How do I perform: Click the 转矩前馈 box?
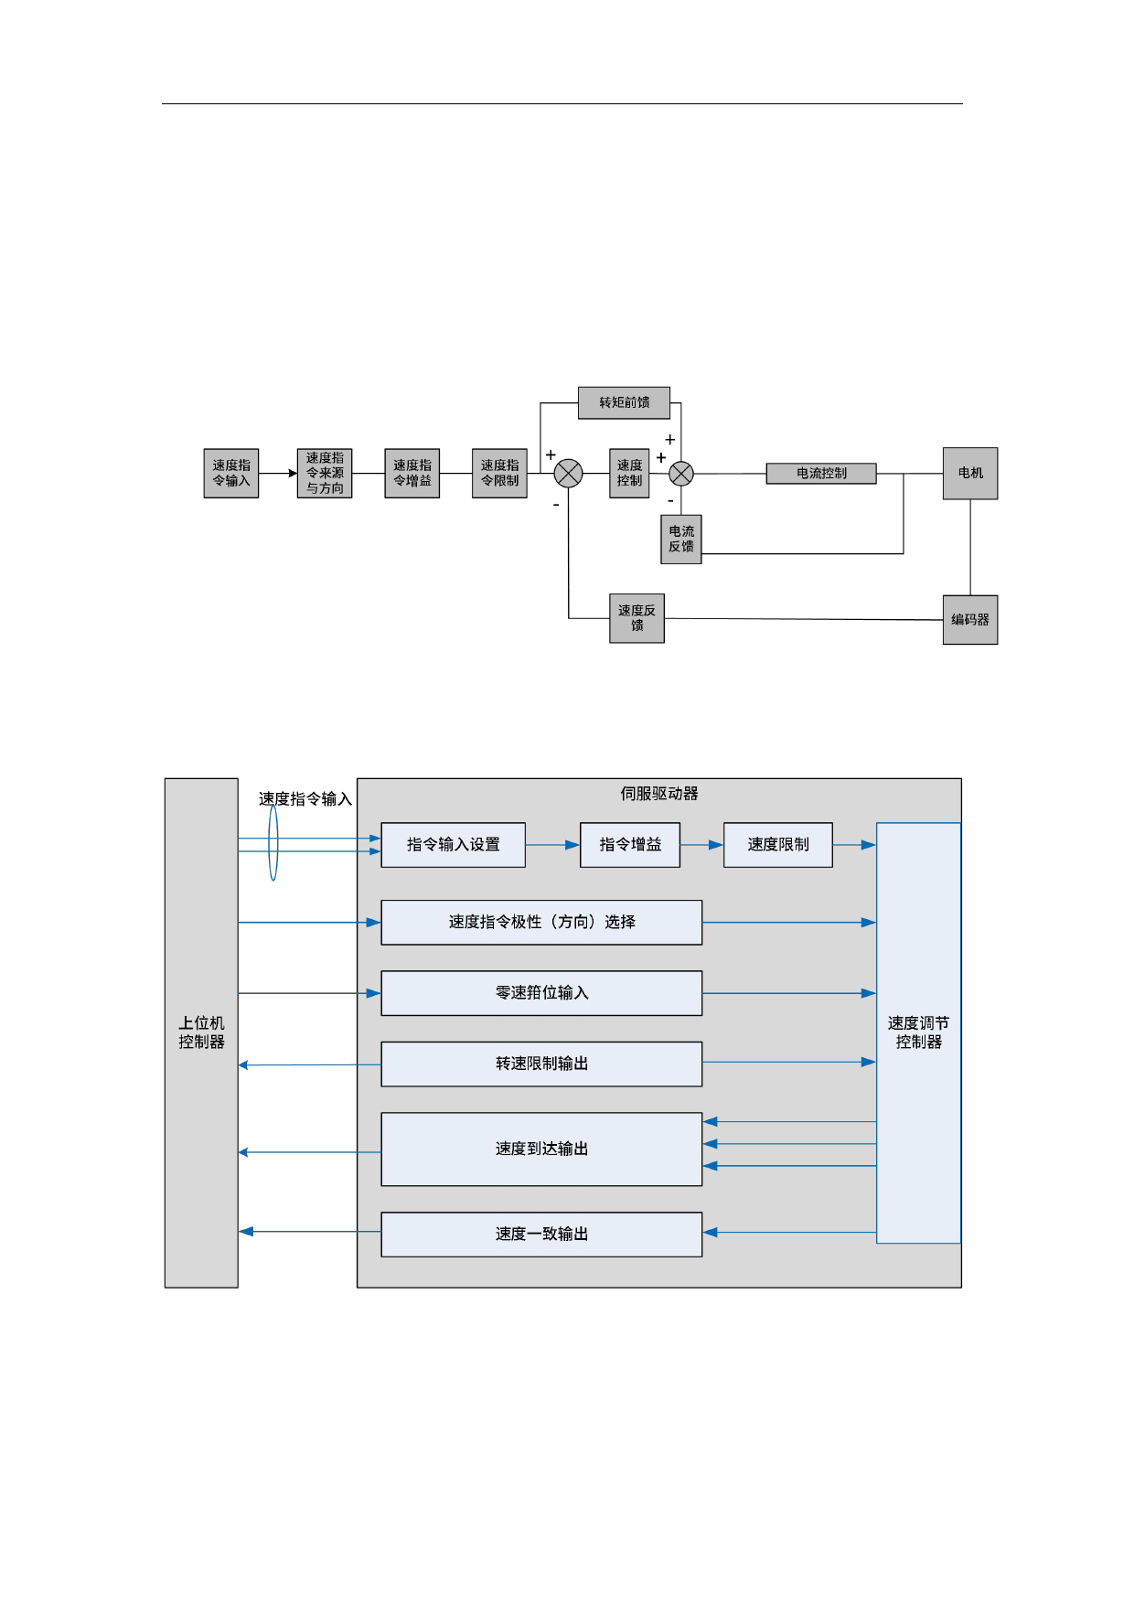pyautogui.click(x=624, y=402)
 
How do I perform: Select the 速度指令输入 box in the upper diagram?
pyautogui.click(x=231, y=473)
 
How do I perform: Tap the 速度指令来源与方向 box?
pyautogui.click(x=325, y=473)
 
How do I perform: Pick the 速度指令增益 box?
pyautogui.click(x=412, y=473)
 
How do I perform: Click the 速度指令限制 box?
pyautogui.click(x=499, y=473)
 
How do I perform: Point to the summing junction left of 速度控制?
pyautogui.click(x=569, y=474)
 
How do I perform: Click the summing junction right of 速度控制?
pyautogui.click(x=681, y=474)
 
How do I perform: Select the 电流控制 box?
pyautogui.click(x=821, y=473)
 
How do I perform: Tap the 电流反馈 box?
pyautogui.click(x=681, y=539)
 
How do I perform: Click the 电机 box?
pyautogui.click(x=970, y=473)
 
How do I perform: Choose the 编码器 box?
pyautogui.click(x=970, y=620)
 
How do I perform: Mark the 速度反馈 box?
pyautogui.click(x=637, y=618)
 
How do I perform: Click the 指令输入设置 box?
pyautogui.click(x=453, y=845)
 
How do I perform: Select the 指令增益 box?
pyautogui.click(x=630, y=845)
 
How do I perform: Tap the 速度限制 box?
pyautogui.click(x=778, y=845)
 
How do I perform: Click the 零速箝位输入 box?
pyautogui.click(x=541, y=993)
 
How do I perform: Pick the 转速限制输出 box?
pyautogui.click(x=541, y=1064)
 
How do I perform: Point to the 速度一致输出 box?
pyautogui.click(x=541, y=1235)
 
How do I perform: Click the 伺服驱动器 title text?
pyautogui.click(x=659, y=794)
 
